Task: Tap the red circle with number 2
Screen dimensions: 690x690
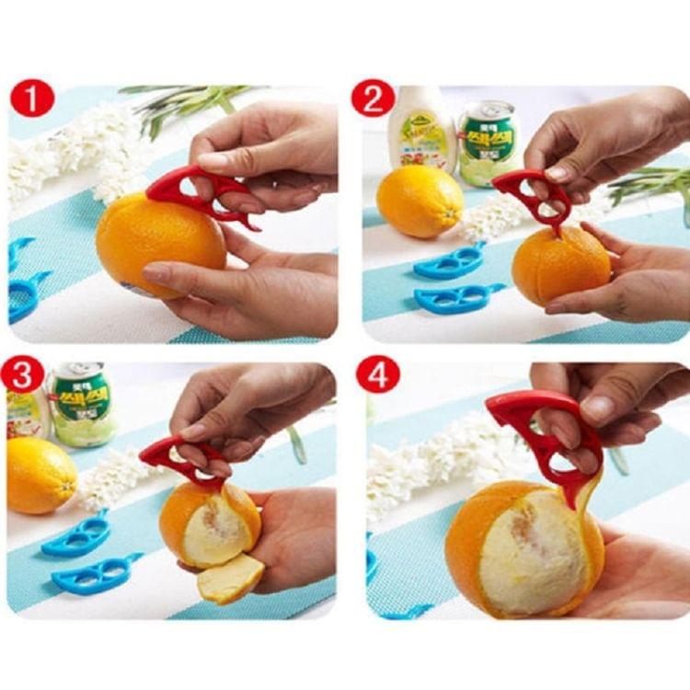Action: (374, 98)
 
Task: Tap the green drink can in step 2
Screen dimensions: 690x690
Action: (488, 142)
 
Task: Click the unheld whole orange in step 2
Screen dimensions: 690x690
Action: (420, 201)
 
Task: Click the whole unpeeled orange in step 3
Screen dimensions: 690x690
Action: (40, 474)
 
